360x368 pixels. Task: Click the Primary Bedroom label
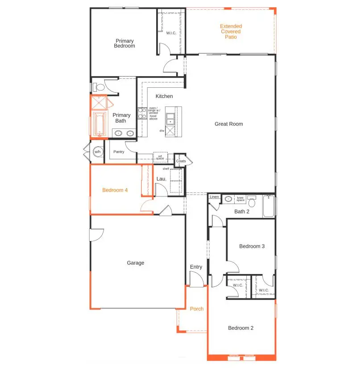[124, 43]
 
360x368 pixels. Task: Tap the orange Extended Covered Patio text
[231, 32]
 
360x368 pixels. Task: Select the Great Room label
[229, 124]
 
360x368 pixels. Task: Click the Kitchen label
[164, 96]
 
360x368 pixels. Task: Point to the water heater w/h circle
[98, 152]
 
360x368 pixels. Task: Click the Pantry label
[119, 152]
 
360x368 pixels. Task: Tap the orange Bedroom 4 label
[115, 190]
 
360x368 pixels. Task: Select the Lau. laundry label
[161, 179]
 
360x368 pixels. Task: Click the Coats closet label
[181, 161]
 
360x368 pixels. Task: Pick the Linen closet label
[214, 196]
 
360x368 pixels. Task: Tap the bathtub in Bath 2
[269, 206]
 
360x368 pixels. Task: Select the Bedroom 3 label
[252, 246]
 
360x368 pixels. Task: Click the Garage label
[136, 263]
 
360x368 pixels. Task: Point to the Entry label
[196, 267]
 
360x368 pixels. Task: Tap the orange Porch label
[197, 309]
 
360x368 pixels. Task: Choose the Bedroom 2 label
[241, 328]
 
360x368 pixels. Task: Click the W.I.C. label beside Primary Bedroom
[171, 33]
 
